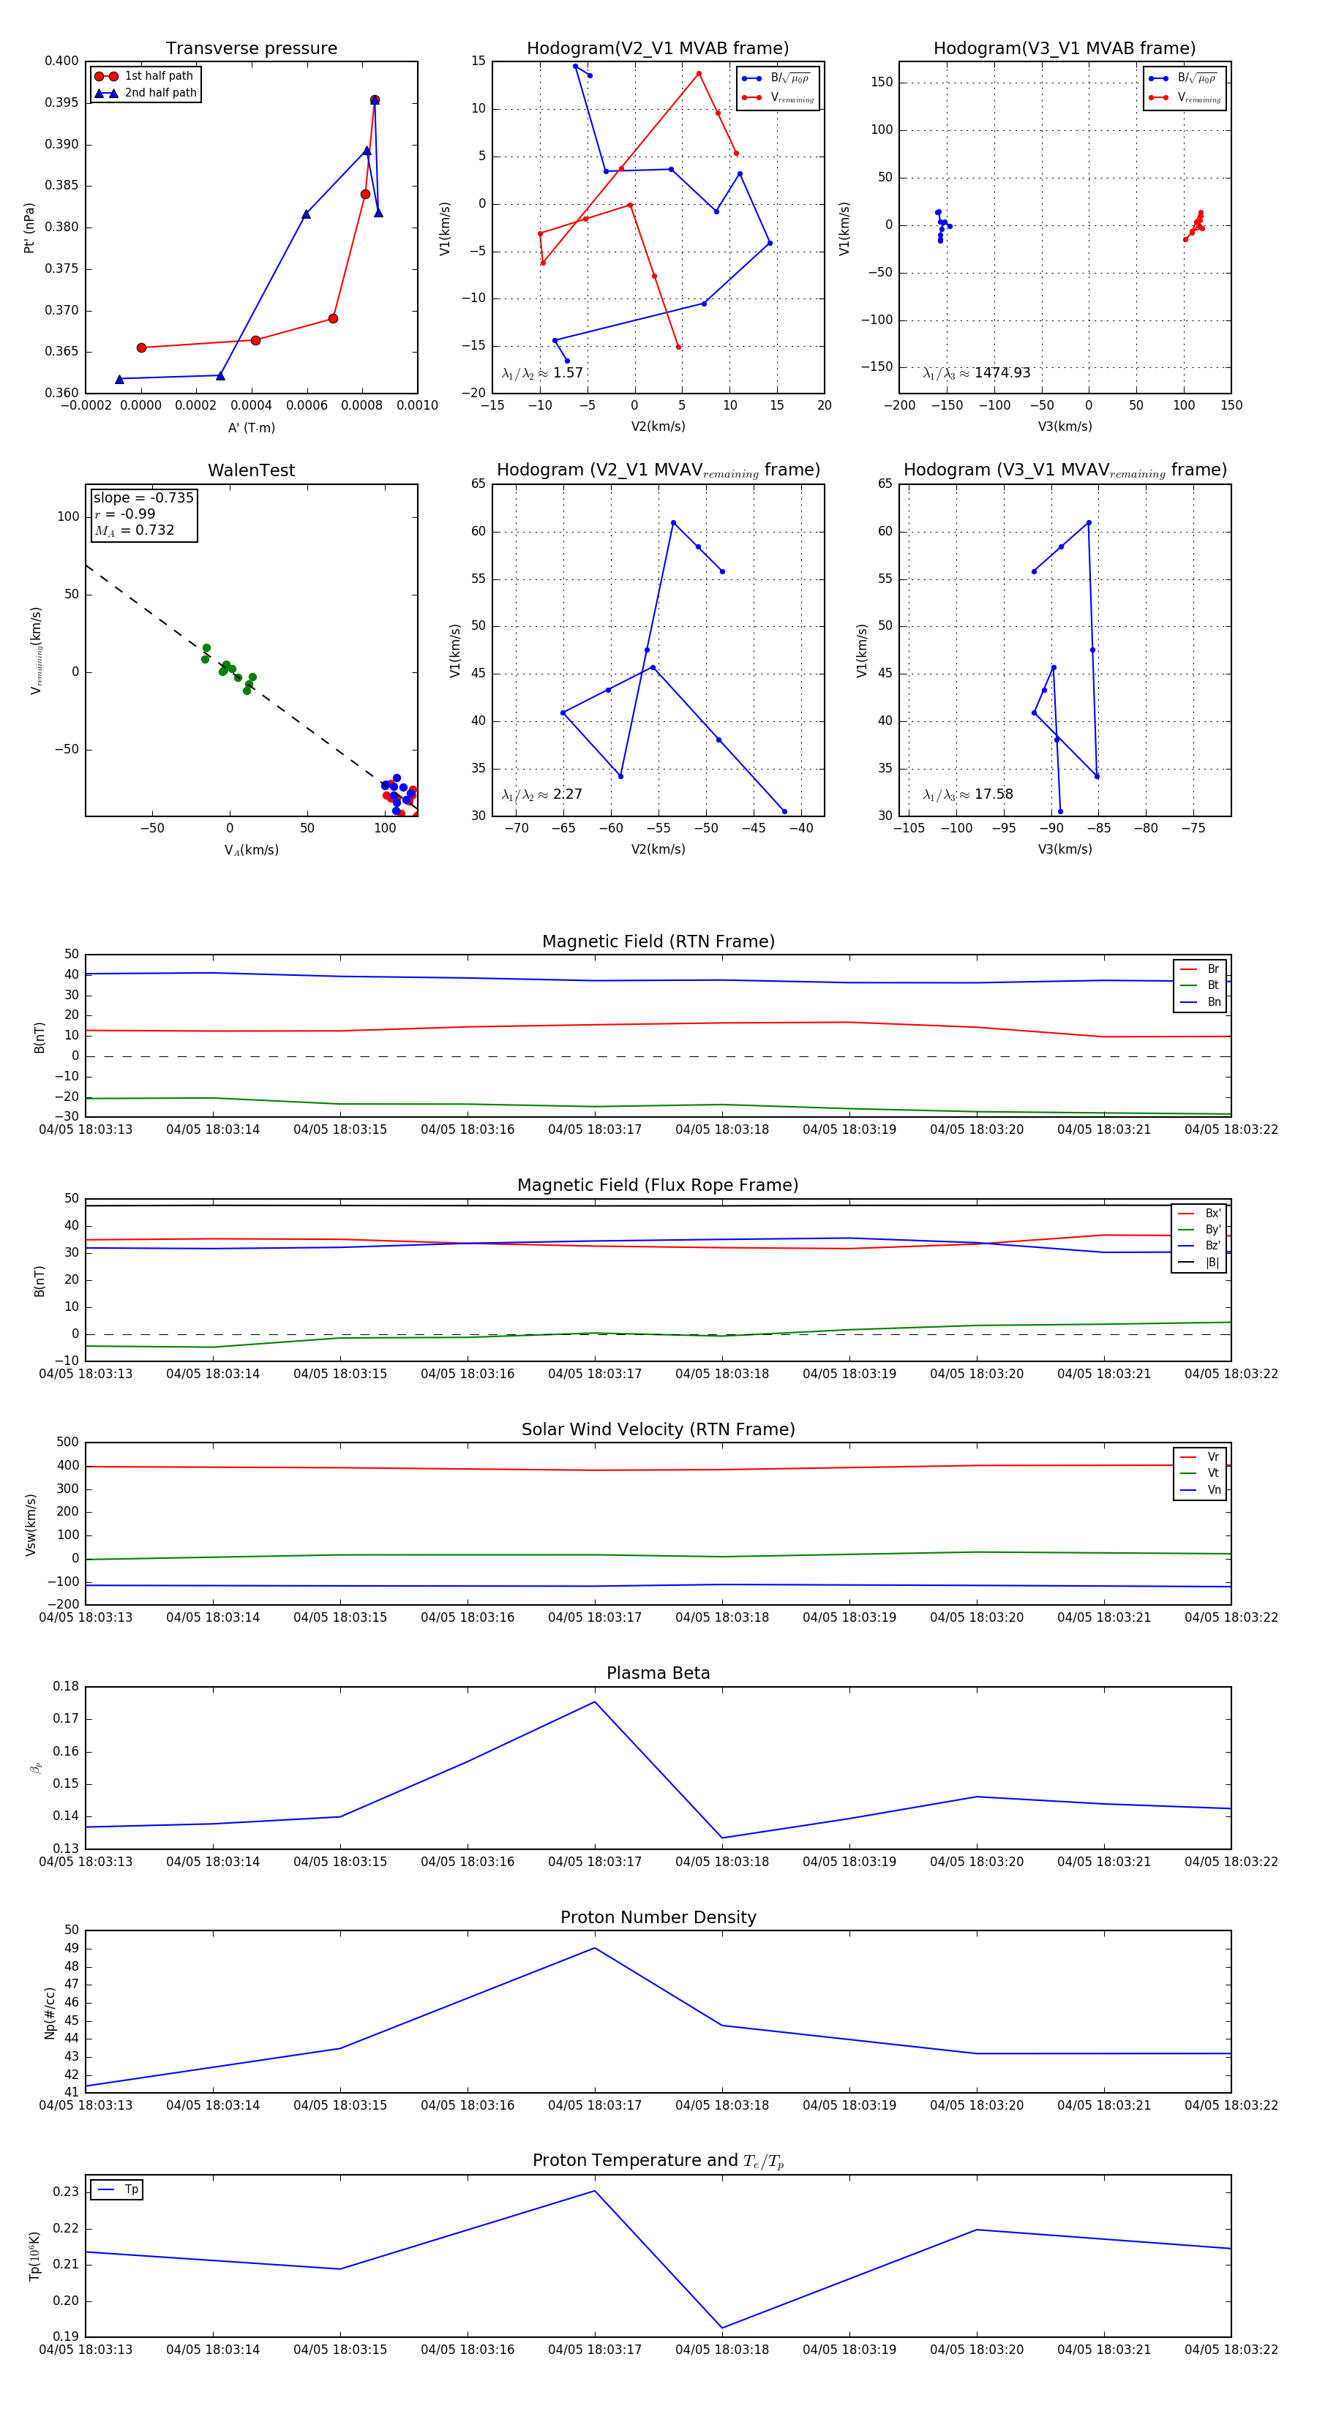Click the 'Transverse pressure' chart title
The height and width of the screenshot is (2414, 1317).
(251, 49)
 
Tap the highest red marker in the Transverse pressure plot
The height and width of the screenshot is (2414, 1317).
(374, 100)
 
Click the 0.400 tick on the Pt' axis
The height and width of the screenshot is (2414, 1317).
(62, 61)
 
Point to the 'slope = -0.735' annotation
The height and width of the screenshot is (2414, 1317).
(143, 497)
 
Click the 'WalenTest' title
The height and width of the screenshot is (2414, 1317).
(251, 470)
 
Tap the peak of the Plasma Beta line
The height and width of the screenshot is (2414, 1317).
(594, 1702)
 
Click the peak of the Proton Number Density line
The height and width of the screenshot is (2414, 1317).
(594, 1948)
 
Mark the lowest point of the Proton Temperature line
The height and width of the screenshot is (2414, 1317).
(721, 2328)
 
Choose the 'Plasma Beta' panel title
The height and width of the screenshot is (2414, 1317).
(658, 1674)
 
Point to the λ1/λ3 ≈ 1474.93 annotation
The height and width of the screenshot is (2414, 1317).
(977, 373)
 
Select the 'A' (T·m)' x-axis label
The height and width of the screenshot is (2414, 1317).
(251, 427)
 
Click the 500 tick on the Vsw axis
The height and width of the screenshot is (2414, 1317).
(67, 1443)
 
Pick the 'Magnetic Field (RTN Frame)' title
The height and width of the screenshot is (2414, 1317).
(658, 941)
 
